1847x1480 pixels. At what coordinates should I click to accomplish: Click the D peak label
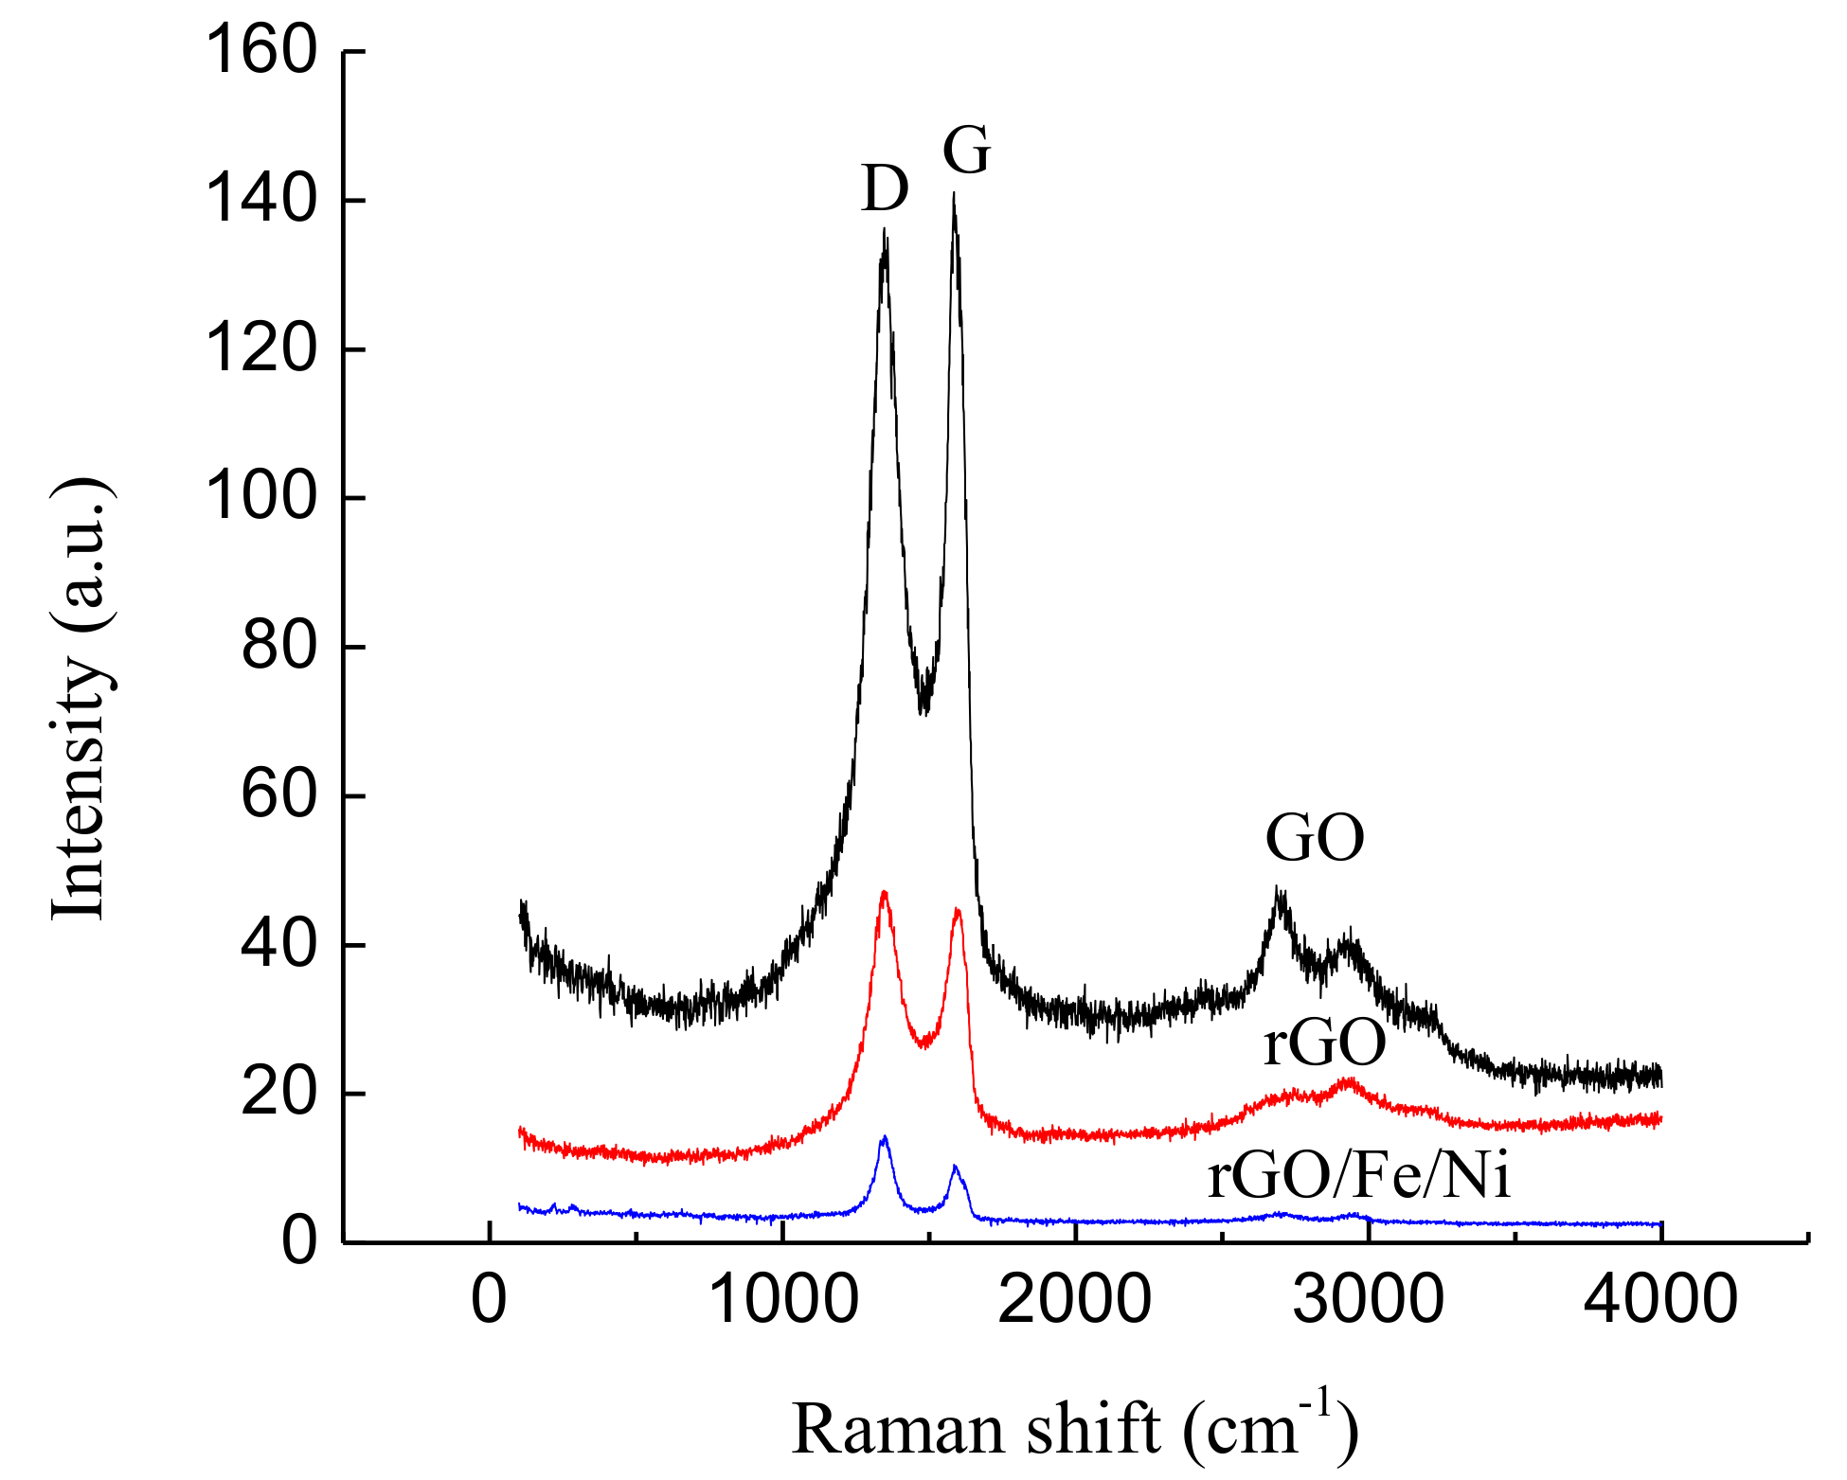coord(885,188)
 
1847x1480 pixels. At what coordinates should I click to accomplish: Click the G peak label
coord(966,151)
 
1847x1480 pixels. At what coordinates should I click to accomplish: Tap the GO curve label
coord(1315,838)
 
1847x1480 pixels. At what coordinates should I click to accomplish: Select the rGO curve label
coord(1324,1043)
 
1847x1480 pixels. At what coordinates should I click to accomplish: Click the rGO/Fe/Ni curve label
coord(1358,1177)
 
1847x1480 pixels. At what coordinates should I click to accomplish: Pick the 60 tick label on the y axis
coord(278,795)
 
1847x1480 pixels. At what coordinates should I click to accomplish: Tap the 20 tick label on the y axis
coord(278,1094)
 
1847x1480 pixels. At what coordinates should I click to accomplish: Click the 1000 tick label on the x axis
coord(782,1300)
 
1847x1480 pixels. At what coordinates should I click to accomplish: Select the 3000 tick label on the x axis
coord(1368,1300)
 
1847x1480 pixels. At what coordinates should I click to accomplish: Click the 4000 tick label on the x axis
coord(1660,1300)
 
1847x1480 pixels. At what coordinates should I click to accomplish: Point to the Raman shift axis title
coord(1075,1429)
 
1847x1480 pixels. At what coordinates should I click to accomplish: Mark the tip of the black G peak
coord(954,195)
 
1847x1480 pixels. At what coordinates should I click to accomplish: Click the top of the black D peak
coord(885,230)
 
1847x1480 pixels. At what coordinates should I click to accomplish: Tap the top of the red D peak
coord(884,892)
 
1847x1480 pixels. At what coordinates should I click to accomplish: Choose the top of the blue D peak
coord(885,1137)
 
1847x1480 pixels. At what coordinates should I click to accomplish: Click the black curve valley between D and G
coord(923,710)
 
